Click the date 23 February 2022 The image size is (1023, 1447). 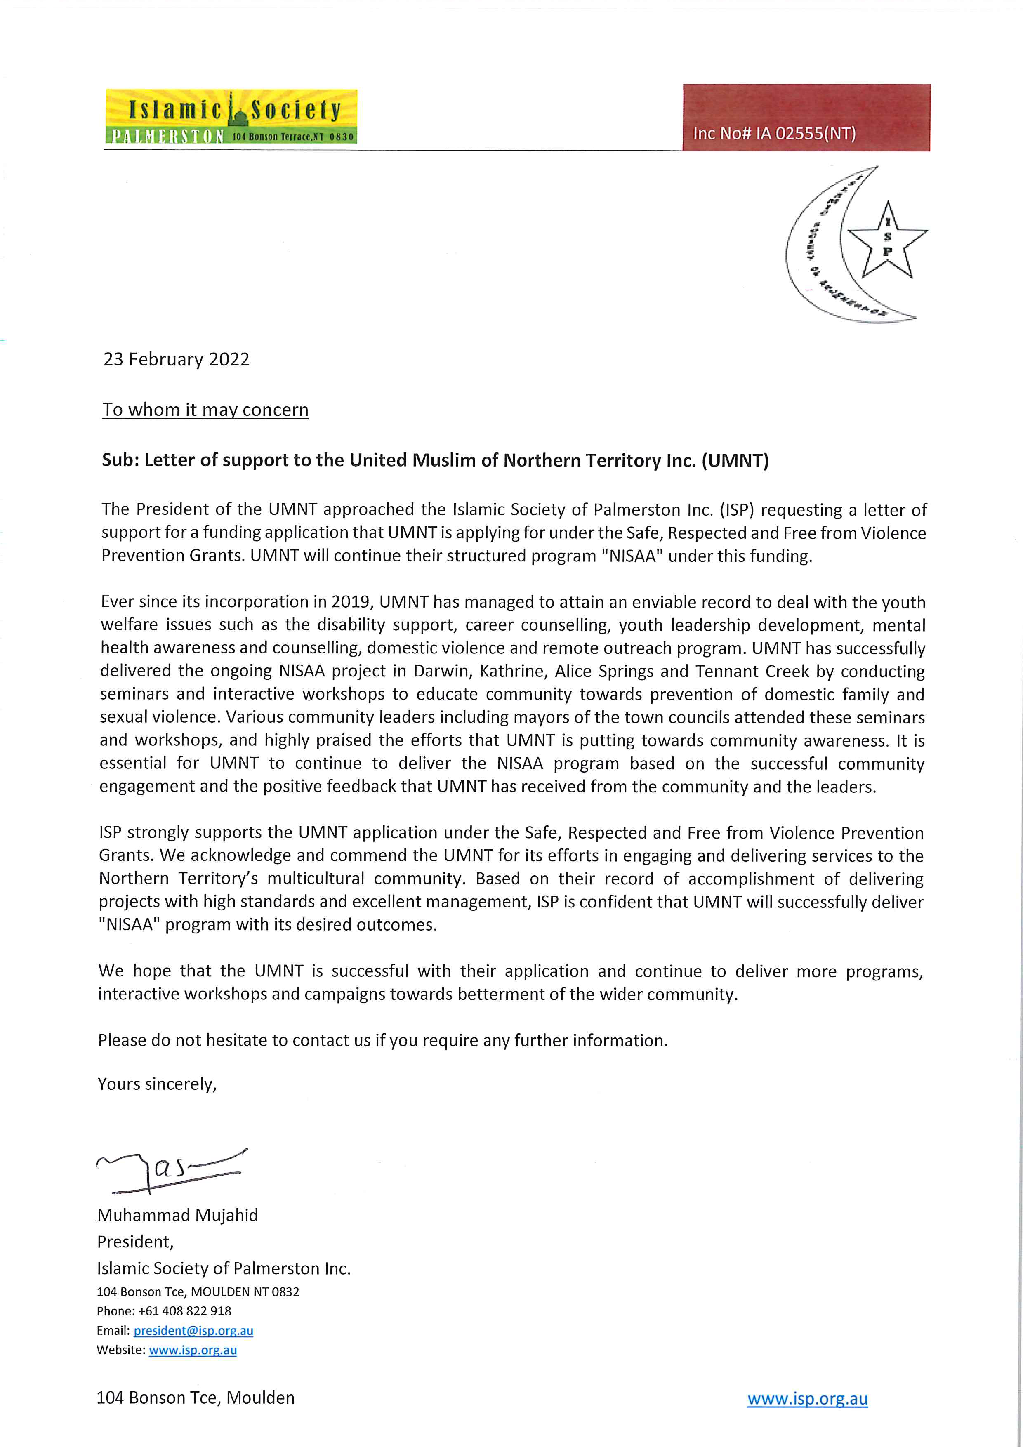177,359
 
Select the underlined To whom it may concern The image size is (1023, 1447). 205,410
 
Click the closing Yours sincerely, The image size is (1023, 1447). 157,1084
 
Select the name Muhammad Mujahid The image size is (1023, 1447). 178,1215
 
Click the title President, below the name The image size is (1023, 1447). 135,1242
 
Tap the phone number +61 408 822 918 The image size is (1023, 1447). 185,1311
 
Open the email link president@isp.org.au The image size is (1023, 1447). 193,1330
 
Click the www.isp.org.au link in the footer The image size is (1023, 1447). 807,1398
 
